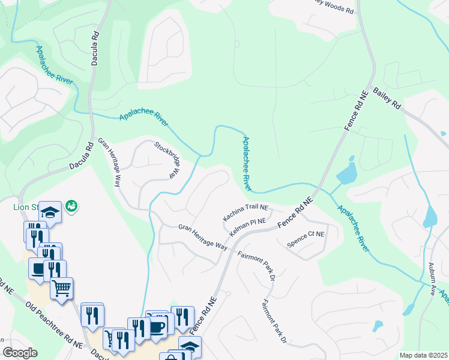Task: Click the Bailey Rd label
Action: (x=387, y=98)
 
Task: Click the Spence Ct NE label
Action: (x=306, y=239)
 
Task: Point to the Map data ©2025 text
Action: (x=423, y=355)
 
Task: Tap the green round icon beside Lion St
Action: (x=71, y=206)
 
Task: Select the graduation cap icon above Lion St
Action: (x=51, y=212)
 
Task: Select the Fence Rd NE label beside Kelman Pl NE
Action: (x=297, y=214)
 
